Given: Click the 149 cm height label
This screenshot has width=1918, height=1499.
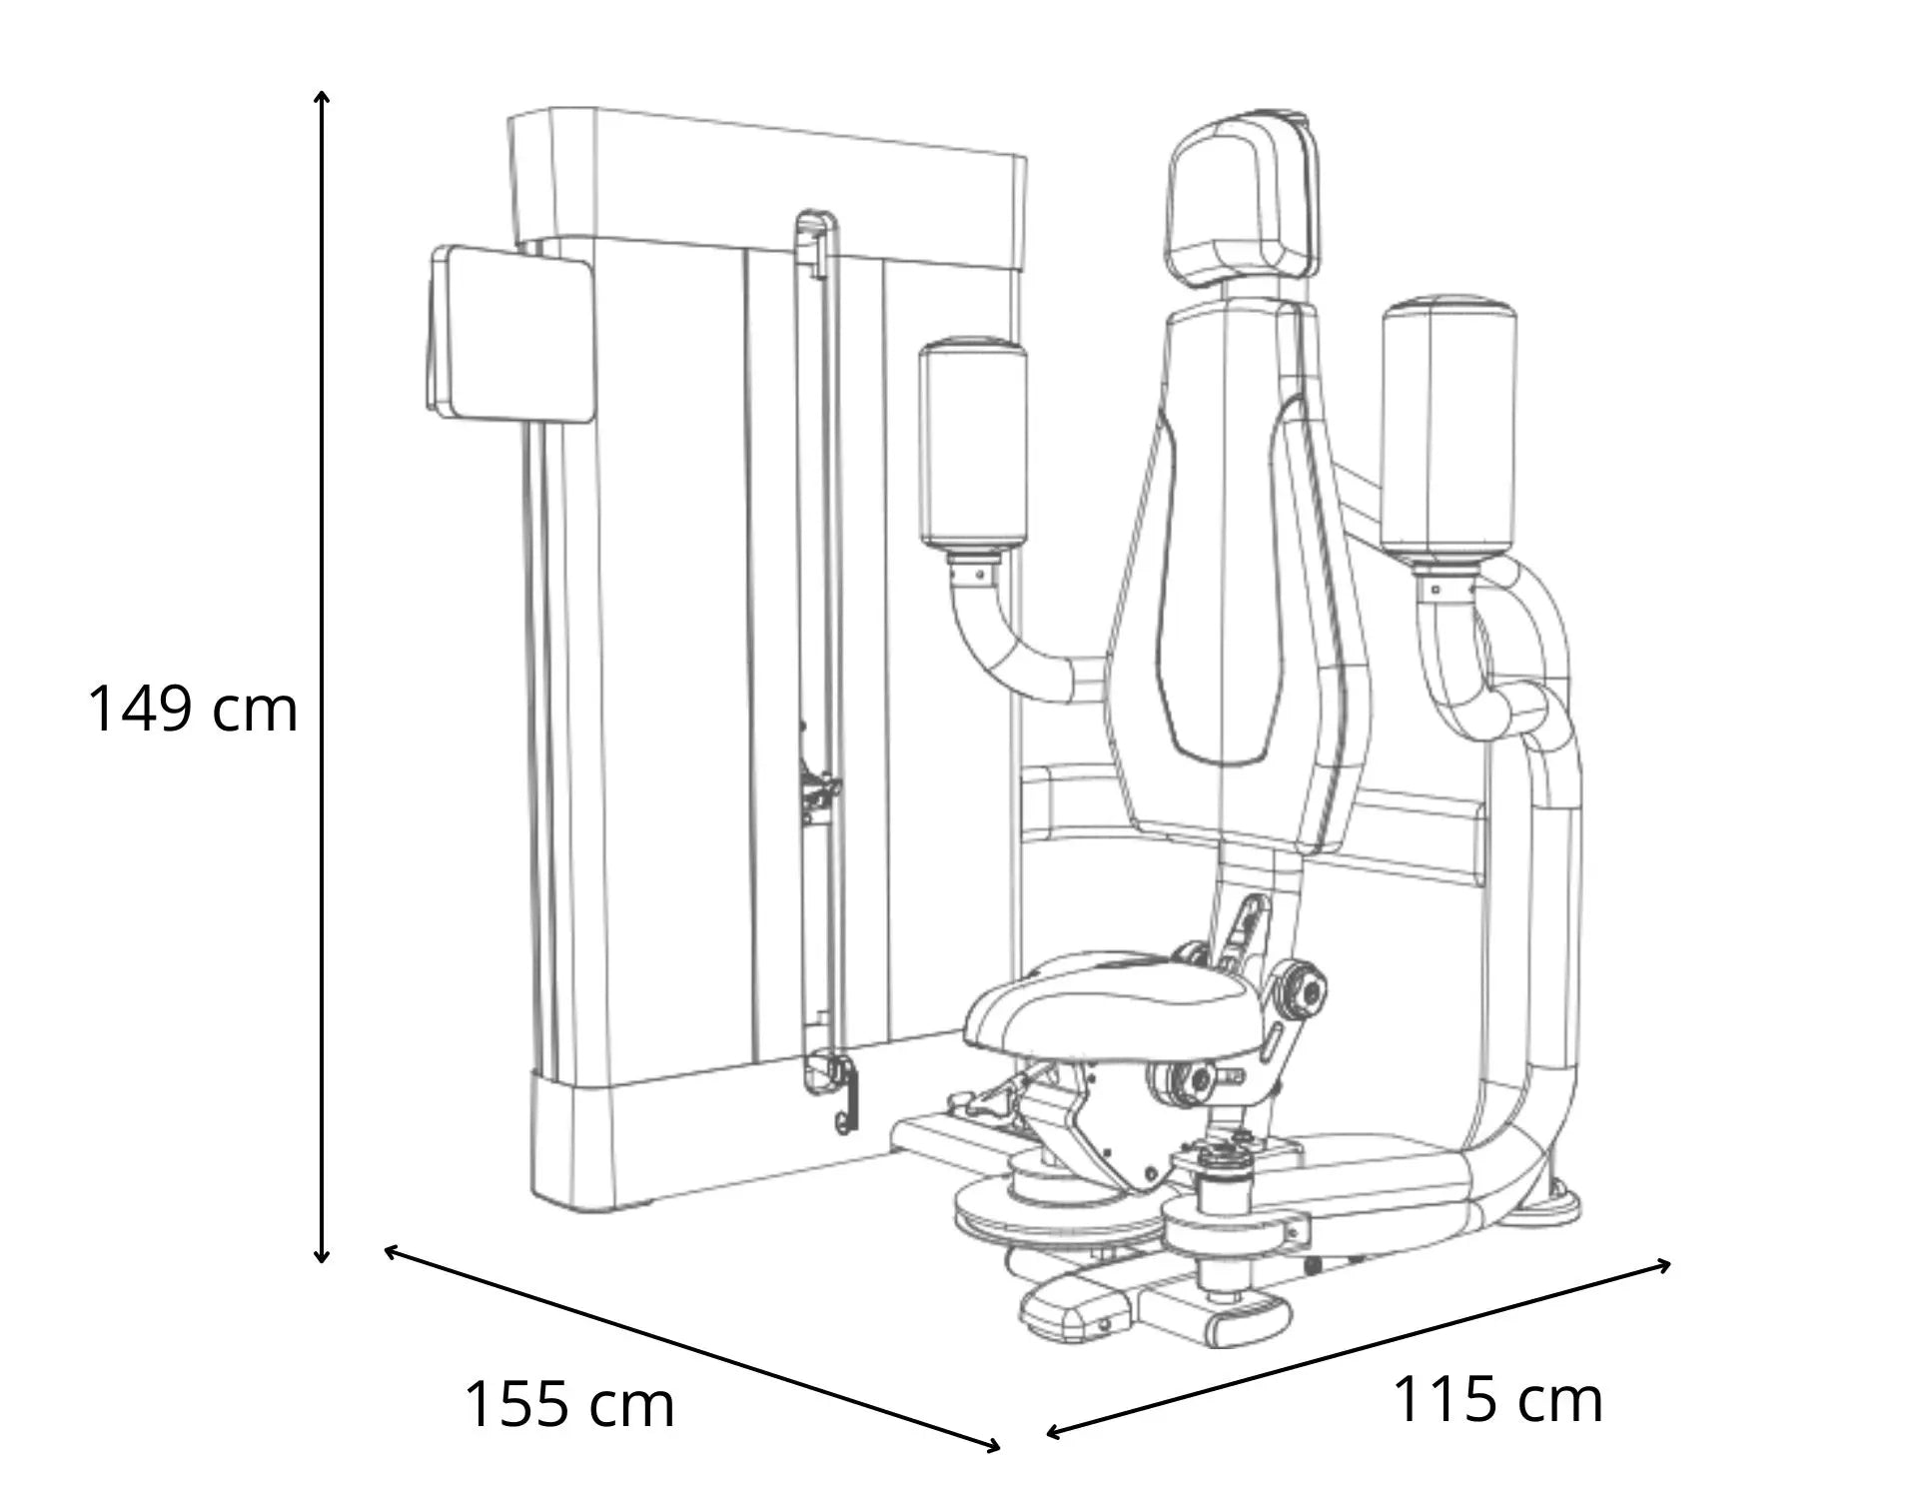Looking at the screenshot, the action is coord(193,709).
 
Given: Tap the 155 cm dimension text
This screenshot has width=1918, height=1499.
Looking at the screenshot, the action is coord(569,1404).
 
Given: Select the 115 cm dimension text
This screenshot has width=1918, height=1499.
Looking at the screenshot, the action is coord(1497,1398).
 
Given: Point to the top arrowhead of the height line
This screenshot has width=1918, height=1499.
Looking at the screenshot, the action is coord(322,96).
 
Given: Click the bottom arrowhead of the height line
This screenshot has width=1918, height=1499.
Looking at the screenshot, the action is coord(322,1257).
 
